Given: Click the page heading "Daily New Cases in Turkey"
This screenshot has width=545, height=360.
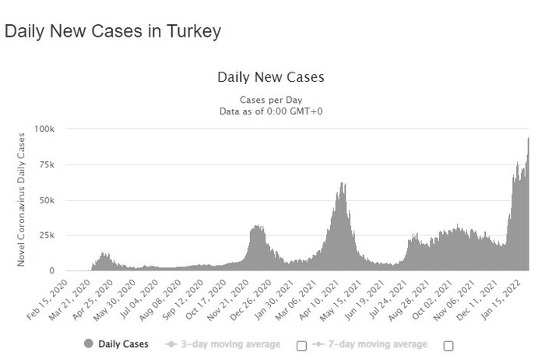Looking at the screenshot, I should pos(113,31).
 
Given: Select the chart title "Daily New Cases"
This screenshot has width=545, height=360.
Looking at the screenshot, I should pos(271,77).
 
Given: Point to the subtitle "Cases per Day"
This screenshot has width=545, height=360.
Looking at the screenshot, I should pos(271,100).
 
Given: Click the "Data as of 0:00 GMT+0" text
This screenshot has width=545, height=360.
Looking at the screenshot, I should pos(271,111).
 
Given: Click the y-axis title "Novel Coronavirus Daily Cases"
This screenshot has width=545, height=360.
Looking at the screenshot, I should pos(22,199).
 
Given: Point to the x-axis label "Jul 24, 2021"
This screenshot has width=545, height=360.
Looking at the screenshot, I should pos(389,298).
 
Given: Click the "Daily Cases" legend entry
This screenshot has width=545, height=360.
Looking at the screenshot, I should pos(117,344).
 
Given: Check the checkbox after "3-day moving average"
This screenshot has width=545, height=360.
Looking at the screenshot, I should pos(301,345).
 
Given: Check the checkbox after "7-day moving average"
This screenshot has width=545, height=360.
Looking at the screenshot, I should pos(448,345).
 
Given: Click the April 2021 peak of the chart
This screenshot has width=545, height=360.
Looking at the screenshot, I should pos(343,184).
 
